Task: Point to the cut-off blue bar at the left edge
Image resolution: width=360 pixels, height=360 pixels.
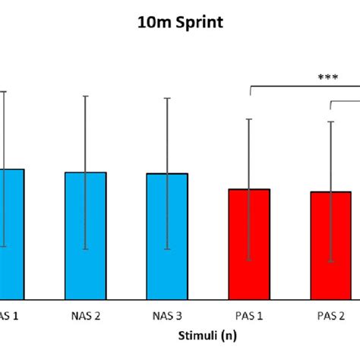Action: pyautogui.click(x=11, y=232)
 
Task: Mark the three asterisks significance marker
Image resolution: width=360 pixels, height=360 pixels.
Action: pyautogui.click(x=328, y=77)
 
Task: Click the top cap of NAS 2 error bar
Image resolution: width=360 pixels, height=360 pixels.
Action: pyautogui.click(x=85, y=96)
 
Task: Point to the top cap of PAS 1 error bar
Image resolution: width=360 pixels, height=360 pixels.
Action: pyautogui.click(x=248, y=119)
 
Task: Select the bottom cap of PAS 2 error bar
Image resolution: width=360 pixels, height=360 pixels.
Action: pyautogui.click(x=330, y=262)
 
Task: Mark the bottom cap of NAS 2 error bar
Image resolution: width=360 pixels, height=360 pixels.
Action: pyautogui.click(x=85, y=249)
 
